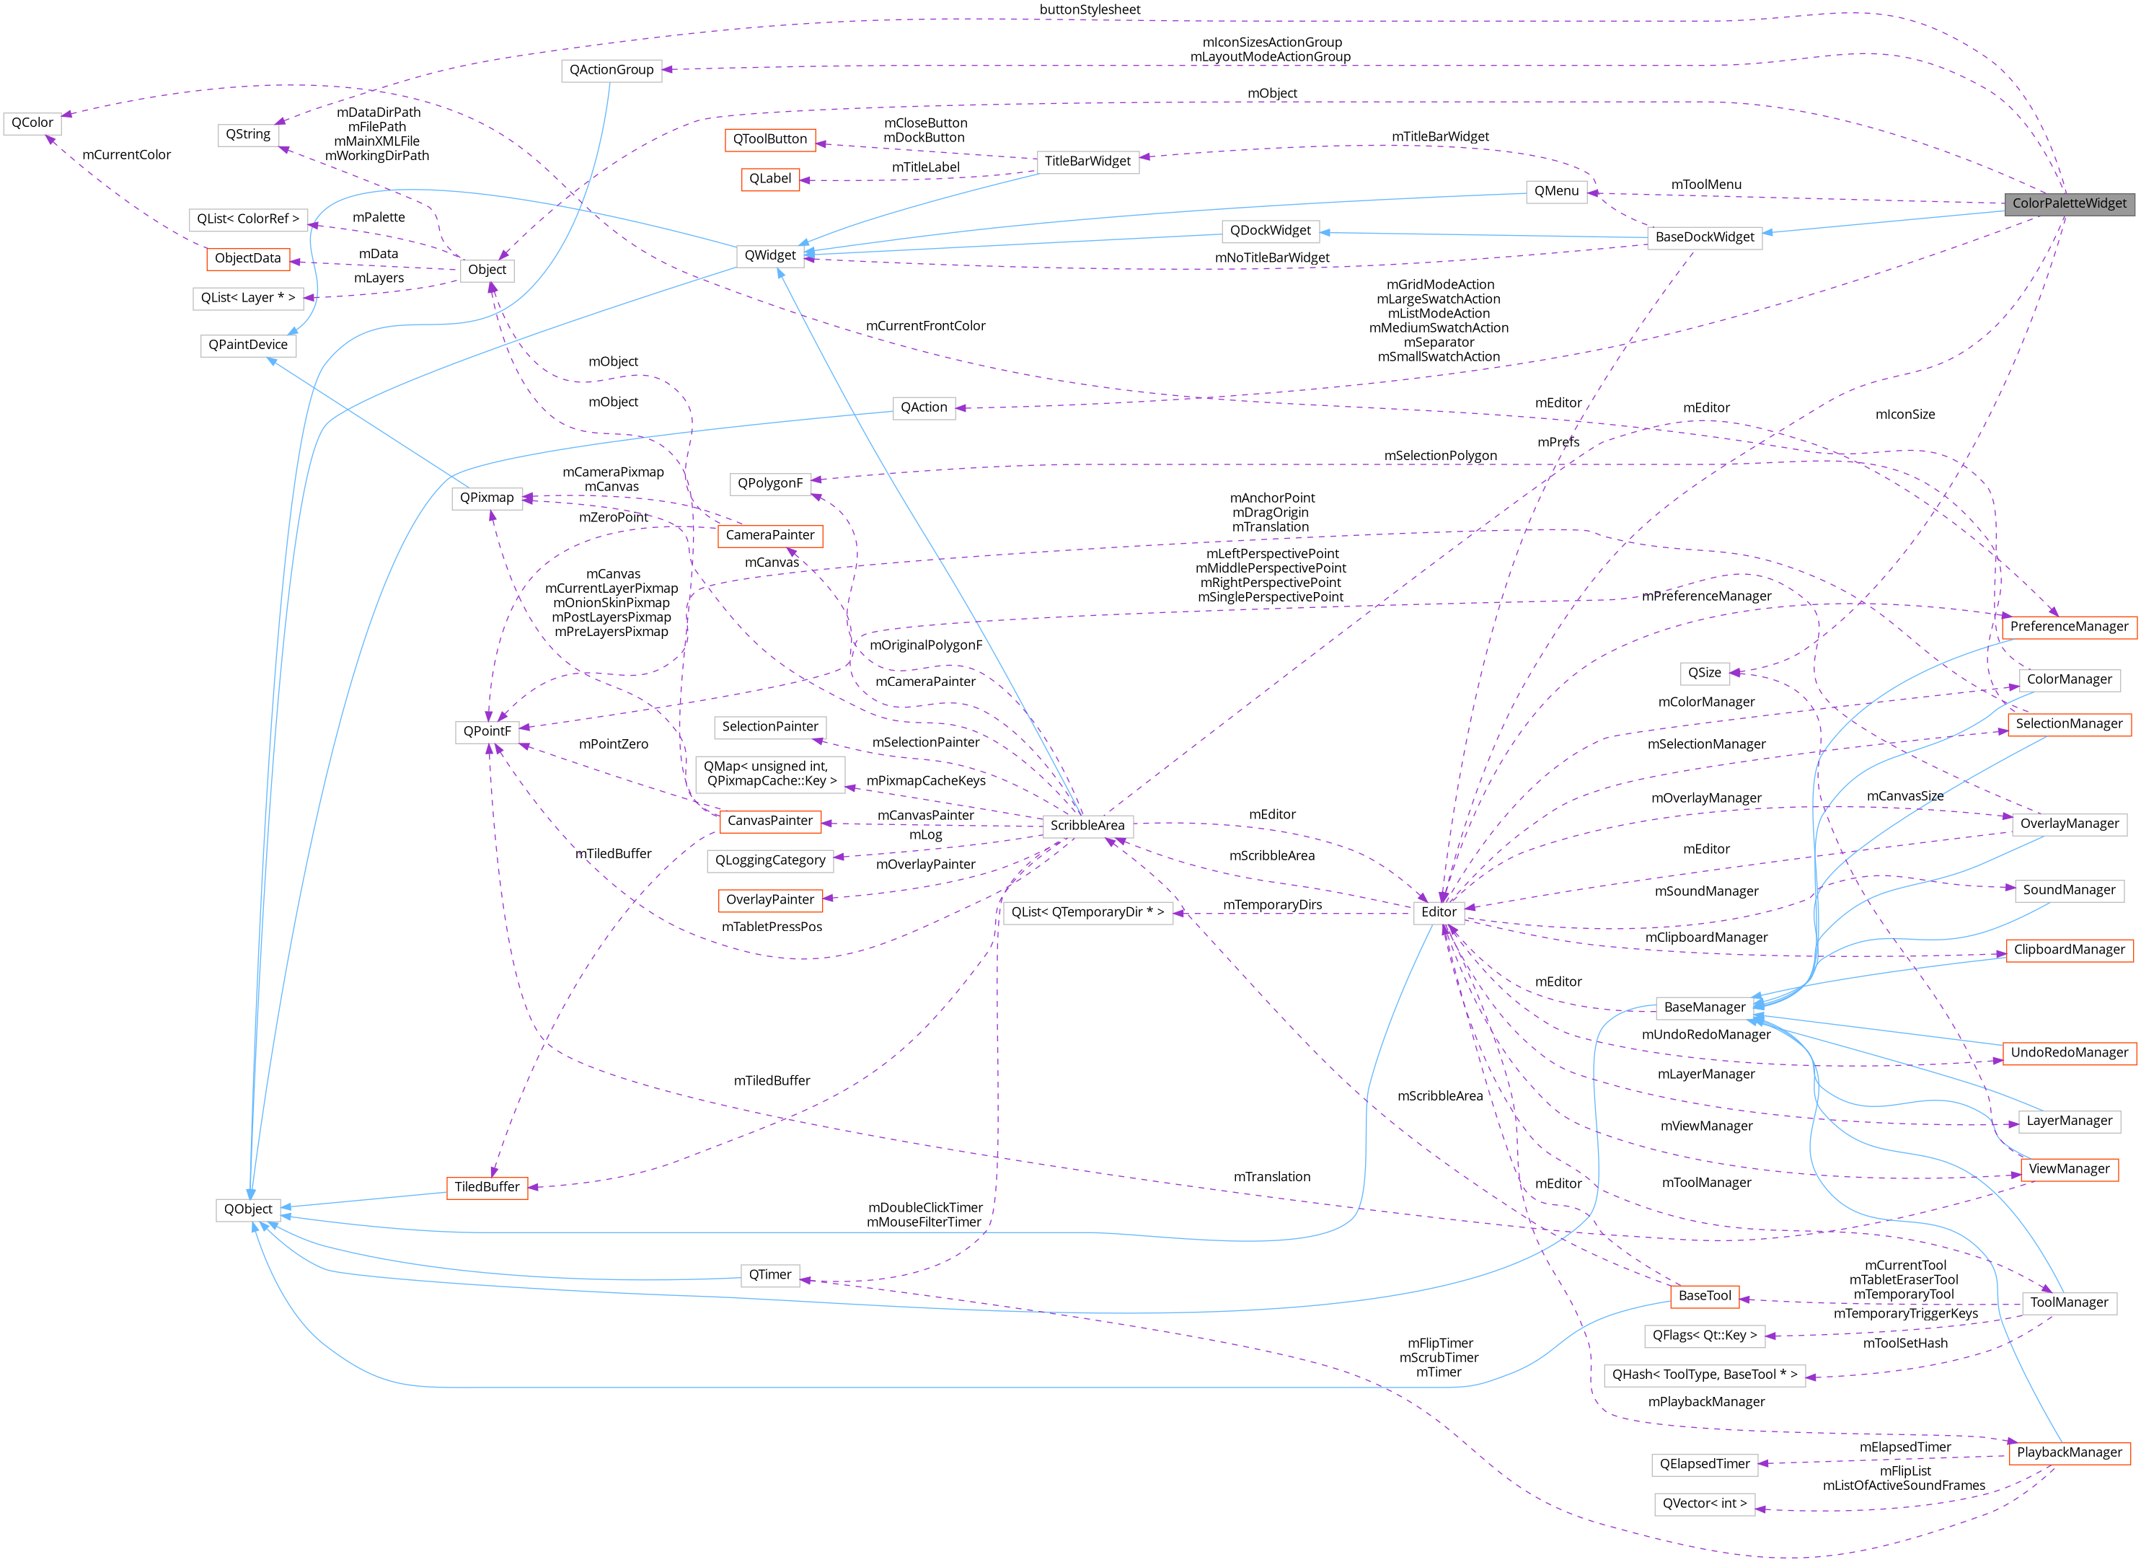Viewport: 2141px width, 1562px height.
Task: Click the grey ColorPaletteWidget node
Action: [2068, 203]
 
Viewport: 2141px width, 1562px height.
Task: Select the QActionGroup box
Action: [611, 70]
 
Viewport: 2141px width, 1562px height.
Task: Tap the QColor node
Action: [32, 123]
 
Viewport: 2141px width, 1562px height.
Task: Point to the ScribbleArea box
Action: [1087, 826]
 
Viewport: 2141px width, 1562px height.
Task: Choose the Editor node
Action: [1439, 912]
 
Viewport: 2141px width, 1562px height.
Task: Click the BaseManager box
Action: [1703, 1008]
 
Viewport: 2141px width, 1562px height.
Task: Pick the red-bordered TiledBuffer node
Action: [487, 1188]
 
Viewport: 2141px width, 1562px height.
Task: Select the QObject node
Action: [247, 1209]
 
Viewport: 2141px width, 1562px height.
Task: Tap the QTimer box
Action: [769, 1276]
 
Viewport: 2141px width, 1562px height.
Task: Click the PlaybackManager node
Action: [2068, 1453]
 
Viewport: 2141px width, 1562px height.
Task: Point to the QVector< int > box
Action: [1704, 1504]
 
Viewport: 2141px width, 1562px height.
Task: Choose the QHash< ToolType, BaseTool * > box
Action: [1704, 1375]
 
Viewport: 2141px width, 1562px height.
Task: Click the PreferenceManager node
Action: [2068, 627]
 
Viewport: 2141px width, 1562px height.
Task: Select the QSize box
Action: [1704, 674]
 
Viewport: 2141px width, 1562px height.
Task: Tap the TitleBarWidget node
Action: [1087, 162]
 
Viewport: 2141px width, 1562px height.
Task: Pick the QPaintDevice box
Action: [247, 345]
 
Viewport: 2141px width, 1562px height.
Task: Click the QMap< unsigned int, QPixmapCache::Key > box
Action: [769, 774]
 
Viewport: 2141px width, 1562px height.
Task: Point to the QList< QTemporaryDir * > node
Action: [1087, 912]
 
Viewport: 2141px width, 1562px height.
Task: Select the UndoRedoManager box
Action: [2068, 1054]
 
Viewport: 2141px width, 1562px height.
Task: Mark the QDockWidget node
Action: [1269, 231]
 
